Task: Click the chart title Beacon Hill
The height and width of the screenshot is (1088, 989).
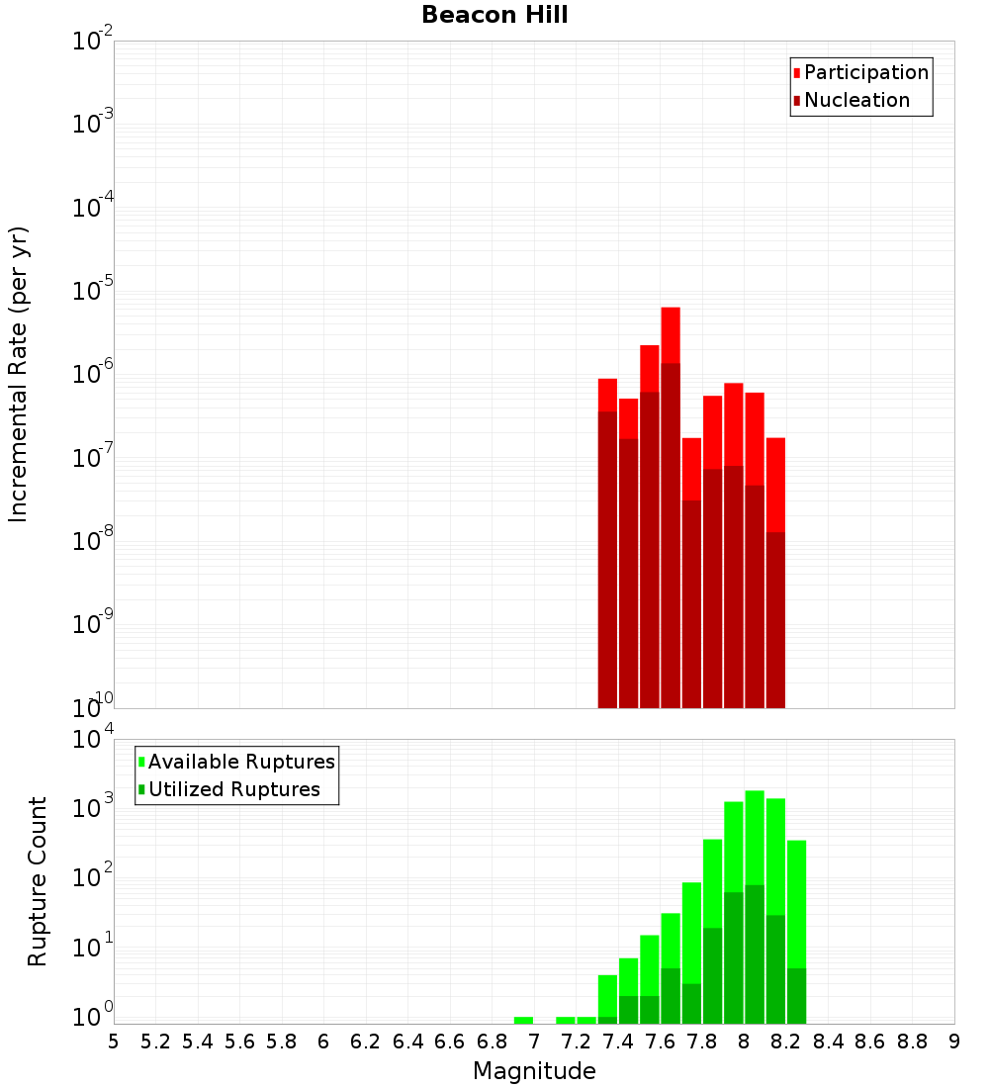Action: tap(494, 15)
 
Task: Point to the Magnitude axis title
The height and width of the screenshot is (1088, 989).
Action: tap(534, 1071)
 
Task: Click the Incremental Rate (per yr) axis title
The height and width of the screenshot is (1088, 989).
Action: tap(19, 375)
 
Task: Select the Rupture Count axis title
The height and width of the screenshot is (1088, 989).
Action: tap(38, 881)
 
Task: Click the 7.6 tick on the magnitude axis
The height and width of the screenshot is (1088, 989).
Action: tap(660, 1042)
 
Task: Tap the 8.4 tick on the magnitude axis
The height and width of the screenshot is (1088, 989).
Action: tap(828, 1042)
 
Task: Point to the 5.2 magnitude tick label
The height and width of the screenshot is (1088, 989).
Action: tap(155, 1042)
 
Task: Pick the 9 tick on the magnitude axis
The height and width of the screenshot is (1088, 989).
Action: tap(954, 1042)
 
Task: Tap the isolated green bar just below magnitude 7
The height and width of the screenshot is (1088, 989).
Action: tap(523, 1020)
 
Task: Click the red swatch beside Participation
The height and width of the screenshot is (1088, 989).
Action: tap(797, 72)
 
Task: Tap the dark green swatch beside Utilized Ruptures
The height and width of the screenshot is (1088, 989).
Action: tap(142, 789)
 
